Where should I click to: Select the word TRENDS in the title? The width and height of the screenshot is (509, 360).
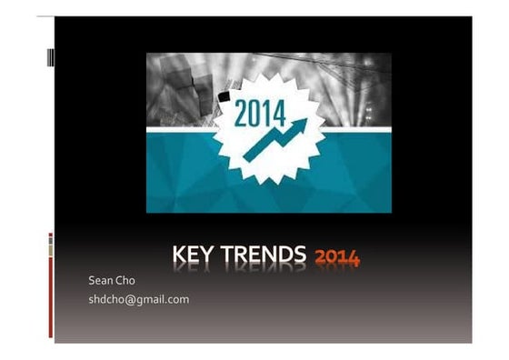click(x=264, y=256)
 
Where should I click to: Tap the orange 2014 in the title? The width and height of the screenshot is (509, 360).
click(x=336, y=258)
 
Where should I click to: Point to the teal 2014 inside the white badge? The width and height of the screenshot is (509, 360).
click(x=260, y=115)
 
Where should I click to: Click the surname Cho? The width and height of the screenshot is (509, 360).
click(x=125, y=281)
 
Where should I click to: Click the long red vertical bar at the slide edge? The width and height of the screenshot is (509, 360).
click(x=51, y=296)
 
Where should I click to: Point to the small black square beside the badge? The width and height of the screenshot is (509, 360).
click(x=224, y=95)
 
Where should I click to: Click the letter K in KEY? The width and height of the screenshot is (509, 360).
click(x=178, y=256)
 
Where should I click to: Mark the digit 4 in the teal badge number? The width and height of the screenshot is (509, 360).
click(x=278, y=115)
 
